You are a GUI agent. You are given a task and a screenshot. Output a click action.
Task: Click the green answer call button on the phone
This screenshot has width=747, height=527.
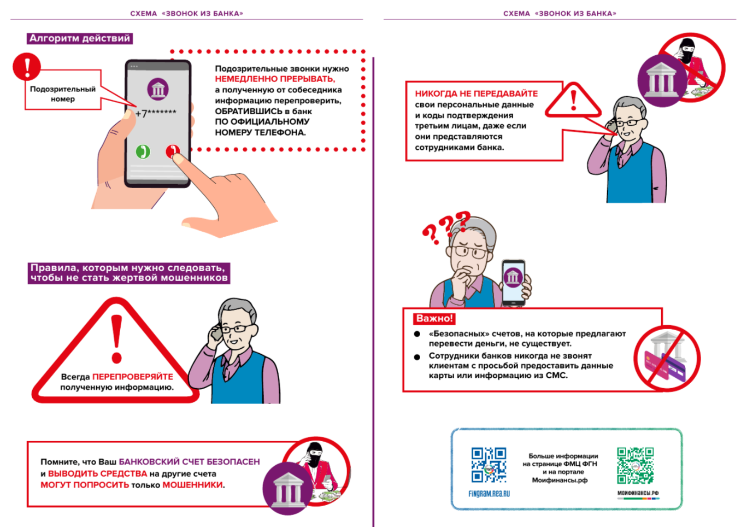[143, 151]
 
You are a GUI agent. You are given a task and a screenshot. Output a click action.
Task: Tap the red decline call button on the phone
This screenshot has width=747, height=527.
[173, 151]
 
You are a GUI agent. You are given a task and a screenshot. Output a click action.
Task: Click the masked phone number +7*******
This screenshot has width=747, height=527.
[156, 113]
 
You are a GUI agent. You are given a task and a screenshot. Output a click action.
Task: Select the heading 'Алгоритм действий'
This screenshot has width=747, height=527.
[80, 38]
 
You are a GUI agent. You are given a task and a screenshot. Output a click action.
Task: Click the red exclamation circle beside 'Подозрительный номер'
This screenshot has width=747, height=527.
[27, 66]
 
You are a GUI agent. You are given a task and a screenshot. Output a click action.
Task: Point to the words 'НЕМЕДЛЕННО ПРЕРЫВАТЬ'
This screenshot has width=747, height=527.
[274, 79]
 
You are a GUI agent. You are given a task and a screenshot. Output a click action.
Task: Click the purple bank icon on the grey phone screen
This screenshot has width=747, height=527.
[158, 89]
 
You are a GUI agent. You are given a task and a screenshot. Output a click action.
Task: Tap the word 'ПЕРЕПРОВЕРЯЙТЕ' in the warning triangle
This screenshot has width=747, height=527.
[132, 377]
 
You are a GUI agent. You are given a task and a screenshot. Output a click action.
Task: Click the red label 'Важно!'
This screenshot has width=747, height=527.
[434, 318]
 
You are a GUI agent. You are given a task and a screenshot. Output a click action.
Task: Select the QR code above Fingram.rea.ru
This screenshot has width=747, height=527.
[489, 465]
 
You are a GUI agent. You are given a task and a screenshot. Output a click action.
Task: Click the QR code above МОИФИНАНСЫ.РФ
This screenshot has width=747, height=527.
[636, 465]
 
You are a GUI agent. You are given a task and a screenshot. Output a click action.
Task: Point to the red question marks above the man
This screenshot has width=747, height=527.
[446, 227]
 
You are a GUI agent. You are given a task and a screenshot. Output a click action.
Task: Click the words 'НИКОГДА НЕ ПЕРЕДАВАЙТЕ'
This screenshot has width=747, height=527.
[476, 93]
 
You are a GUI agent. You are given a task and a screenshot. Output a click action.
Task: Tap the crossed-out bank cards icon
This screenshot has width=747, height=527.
[667, 359]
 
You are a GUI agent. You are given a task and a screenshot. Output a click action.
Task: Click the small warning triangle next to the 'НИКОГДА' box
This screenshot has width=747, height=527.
[573, 101]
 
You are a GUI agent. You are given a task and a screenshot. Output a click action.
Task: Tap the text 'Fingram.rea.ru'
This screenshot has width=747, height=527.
[489, 494]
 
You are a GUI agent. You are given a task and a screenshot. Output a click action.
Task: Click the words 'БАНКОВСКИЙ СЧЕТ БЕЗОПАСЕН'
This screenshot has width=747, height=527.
[189, 462]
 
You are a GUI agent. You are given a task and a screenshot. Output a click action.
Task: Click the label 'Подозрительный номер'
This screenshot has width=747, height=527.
[63, 93]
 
